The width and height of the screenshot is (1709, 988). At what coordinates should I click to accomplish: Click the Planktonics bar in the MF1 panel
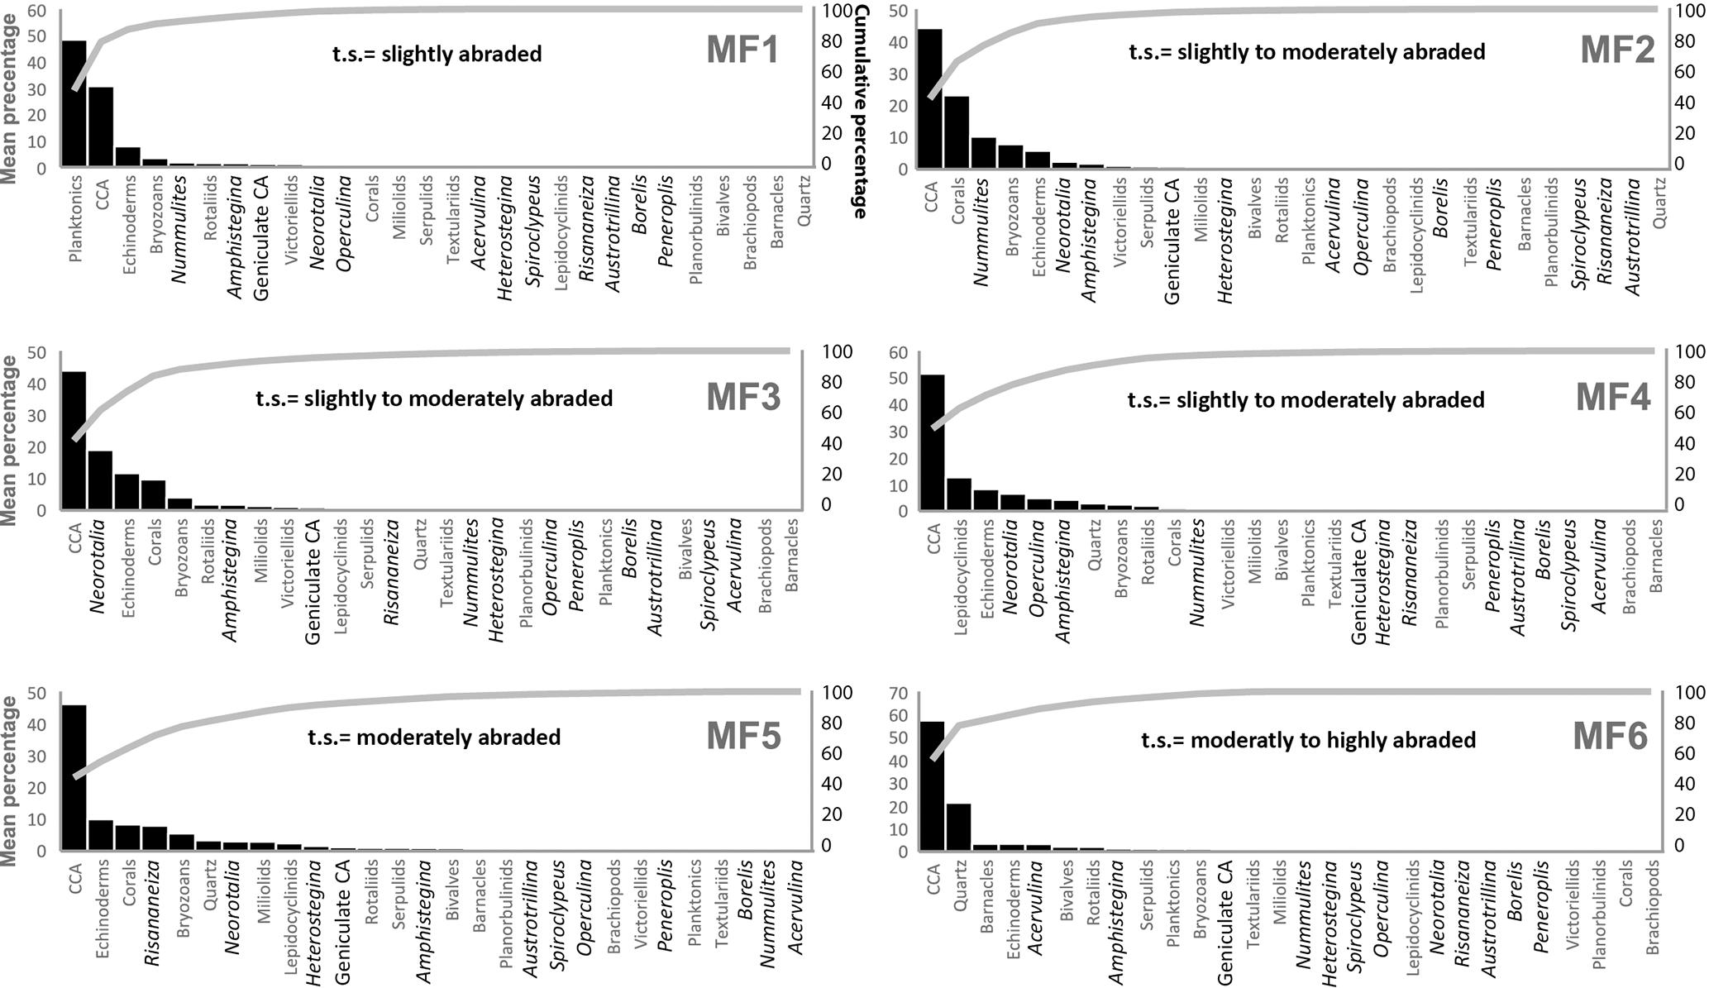tap(74, 104)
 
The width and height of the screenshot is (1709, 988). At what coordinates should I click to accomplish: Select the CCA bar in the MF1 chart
tap(101, 127)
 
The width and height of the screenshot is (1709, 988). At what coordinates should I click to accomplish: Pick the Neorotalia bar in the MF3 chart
tap(100, 480)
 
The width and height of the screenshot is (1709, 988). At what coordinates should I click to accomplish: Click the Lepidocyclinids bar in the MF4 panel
tap(959, 494)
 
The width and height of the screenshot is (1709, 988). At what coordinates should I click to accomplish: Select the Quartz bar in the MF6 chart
tap(959, 827)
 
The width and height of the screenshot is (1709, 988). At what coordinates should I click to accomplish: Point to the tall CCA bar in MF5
tap(74, 777)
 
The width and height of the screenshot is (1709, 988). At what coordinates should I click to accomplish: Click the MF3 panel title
tap(743, 398)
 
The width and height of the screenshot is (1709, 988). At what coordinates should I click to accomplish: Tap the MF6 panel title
tap(1610, 736)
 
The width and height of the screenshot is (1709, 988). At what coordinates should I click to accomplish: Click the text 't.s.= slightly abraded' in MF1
tap(437, 55)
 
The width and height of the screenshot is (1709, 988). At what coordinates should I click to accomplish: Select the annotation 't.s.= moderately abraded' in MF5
tap(434, 737)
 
